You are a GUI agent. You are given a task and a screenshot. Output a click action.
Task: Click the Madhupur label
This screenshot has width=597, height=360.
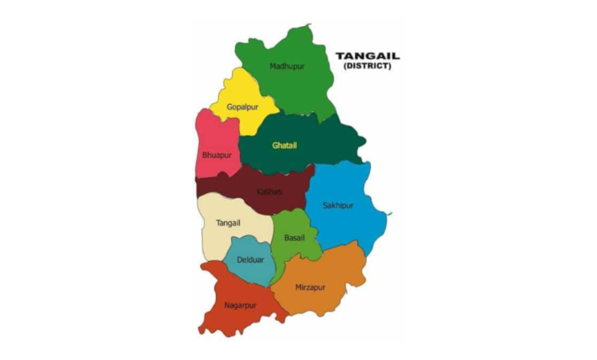[x=287, y=66]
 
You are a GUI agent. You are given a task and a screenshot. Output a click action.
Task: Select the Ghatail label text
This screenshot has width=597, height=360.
[x=284, y=145]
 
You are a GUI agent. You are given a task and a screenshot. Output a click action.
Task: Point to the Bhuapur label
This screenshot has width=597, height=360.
[x=217, y=155]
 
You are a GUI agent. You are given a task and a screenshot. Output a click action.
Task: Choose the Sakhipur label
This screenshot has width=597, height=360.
[x=338, y=205]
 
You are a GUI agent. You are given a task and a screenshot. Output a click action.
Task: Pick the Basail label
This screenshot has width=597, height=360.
[x=294, y=237]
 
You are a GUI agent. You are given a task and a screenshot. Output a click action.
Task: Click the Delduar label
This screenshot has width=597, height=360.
[x=250, y=260]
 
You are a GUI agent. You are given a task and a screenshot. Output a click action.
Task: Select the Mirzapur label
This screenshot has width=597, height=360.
[x=309, y=287]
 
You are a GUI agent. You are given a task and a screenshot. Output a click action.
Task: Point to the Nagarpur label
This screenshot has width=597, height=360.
[x=240, y=305]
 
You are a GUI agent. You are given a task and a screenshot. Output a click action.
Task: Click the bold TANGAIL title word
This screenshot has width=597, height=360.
[x=367, y=56]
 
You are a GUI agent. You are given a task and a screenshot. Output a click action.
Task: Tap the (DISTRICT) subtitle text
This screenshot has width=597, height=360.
[x=367, y=67]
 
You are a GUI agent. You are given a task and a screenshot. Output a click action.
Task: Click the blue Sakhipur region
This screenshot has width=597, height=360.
[x=344, y=230]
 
